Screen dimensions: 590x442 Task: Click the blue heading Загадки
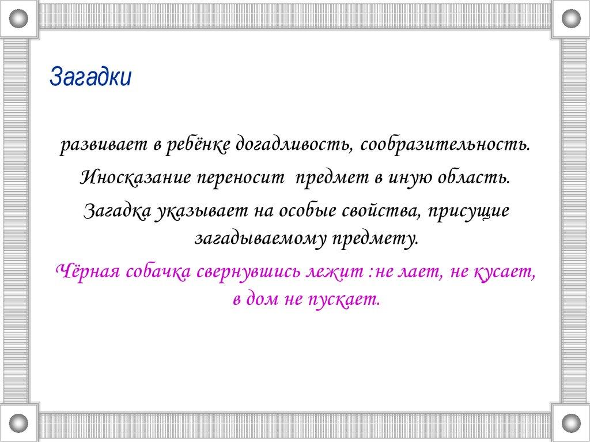(90, 77)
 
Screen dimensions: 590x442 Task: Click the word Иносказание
(135, 177)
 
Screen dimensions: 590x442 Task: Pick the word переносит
(241, 177)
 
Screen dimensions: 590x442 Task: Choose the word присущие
(468, 211)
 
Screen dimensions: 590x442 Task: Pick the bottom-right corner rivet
(571, 423)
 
